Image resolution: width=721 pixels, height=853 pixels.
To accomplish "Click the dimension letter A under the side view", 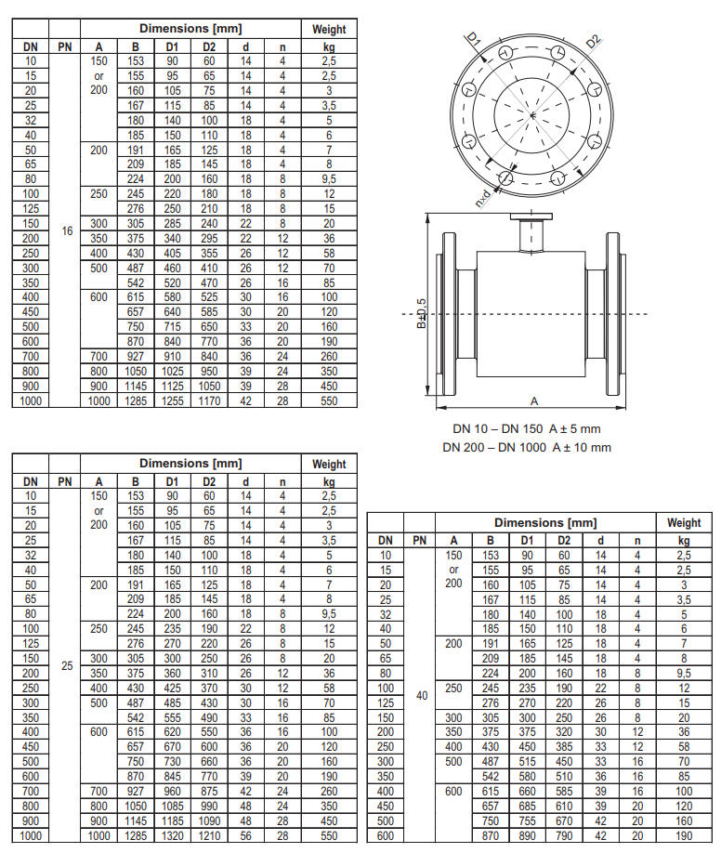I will pyautogui.click(x=533, y=401).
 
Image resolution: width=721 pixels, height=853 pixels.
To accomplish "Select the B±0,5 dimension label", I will pyautogui.click(x=421, y=314).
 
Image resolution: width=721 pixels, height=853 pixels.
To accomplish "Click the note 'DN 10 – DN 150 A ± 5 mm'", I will pyautogui.click(x=526, y=429).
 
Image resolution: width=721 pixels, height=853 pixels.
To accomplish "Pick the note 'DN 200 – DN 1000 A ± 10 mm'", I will pyautogui.click(x=526, y=447).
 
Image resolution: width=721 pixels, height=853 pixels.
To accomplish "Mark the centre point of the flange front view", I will pyautogui.click(x=532, y=113).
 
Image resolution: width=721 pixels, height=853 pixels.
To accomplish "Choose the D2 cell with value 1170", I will pyautogui.click(x=208, y=400).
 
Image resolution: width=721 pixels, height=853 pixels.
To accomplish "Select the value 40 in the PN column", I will pyautogui.click(x=420, y=694).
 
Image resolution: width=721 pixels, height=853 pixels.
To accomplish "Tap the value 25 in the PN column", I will pyautogui.click(x=65, y=665).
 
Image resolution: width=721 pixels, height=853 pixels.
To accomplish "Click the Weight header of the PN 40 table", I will pyautogui.click(x=684, y=523).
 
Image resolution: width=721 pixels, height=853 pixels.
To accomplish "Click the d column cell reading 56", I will pyautogui.click(x=245, y=835).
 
